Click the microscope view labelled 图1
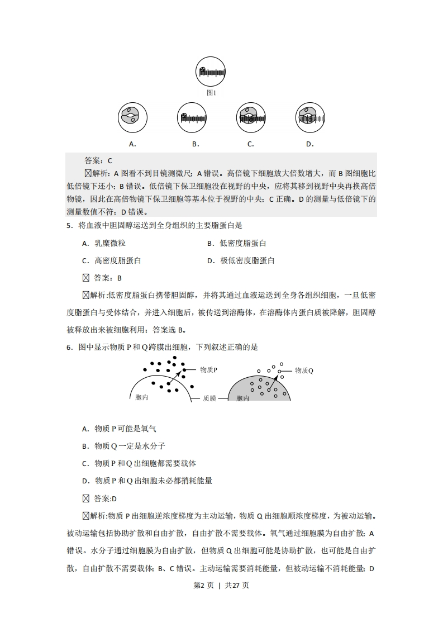click(211, 72)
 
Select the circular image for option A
click(132, 117)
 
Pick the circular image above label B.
click(192, 117)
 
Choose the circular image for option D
click(310, 117)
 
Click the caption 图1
click(211, 93)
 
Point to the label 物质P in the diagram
click(208, 370)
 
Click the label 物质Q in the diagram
click(304, 370)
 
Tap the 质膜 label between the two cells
click(209, 398)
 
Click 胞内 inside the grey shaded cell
click(242, 398)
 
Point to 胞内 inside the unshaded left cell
click(142, 397)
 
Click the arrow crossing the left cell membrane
click(176, 377)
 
